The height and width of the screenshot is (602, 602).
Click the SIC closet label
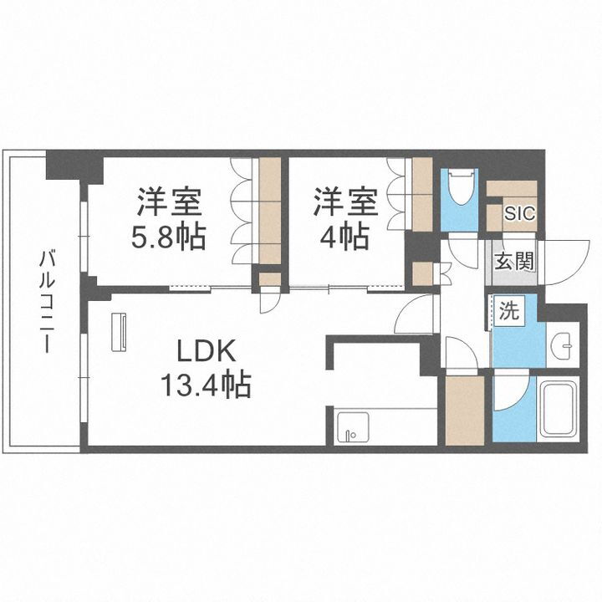(519, 213)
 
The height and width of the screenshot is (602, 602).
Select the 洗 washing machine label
(508, 312)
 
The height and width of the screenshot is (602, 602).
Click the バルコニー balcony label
(46, 300)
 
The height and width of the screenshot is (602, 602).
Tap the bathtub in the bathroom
(559, 409)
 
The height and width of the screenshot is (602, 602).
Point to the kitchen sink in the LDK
(352, 428)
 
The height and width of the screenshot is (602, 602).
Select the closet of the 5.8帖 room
(269, 209)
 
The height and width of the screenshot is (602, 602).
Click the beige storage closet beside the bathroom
(464, 410)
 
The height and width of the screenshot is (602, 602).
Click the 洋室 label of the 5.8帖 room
(169, 202)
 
